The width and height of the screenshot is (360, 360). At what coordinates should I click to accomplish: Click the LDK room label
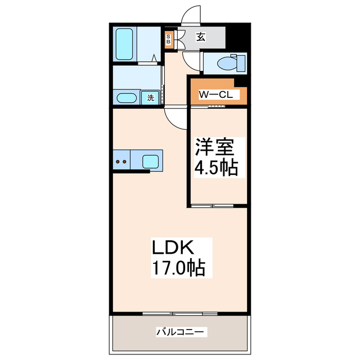click(x=173, y=248)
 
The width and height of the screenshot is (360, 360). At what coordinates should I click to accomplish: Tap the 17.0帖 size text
click(x=177, y=268)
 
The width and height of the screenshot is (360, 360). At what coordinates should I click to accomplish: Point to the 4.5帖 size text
click(x=217, y=167)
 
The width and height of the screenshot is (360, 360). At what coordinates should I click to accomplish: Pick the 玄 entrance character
click(x=201, y=38)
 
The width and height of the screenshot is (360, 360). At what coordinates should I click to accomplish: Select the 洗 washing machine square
click(x=150, y=98)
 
